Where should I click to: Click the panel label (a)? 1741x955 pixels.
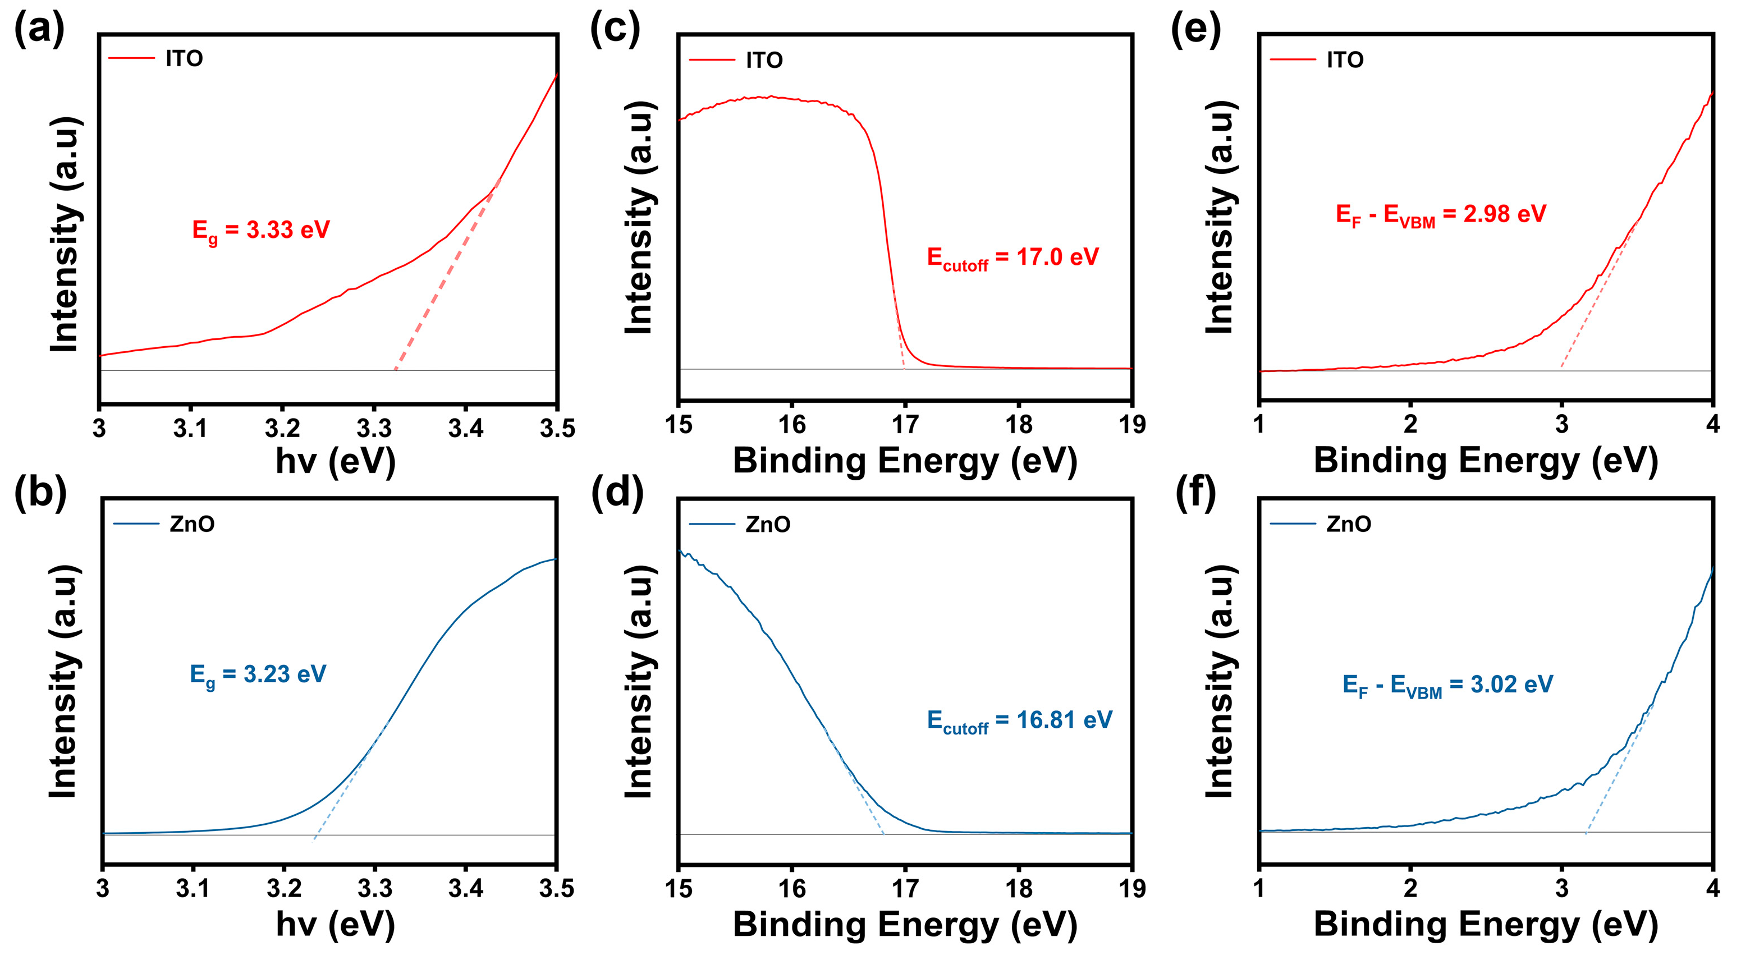pyautogui.click(x=39, y=30)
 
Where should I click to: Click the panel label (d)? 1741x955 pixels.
pyautogui.click(x=616, y=492)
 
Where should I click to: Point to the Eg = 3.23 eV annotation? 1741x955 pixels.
pyautogui.click(x=258, y=675)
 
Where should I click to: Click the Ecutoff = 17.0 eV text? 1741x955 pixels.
pyautogui.click(x=1012, y=258)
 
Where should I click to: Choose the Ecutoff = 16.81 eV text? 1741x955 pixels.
pyautogui.click(x=1019, y=721)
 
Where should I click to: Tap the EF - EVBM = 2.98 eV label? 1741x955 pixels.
pyautogui.click(x=1440, y=215)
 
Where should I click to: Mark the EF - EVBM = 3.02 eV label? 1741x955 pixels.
pyautogui.click(x=1447, y=685)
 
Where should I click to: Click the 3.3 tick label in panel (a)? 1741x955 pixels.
pyautogui.click(x=374, y=429)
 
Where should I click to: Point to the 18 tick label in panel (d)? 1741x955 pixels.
pyautogui.click(x=1019, y=888)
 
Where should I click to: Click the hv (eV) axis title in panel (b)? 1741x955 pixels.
pyautogui.click(x=335, y=924)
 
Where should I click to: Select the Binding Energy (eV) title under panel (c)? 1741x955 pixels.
pyautogui.click(x=904, y=461)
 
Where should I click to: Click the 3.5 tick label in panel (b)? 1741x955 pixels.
pyautogui.click(x=556, y=888)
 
